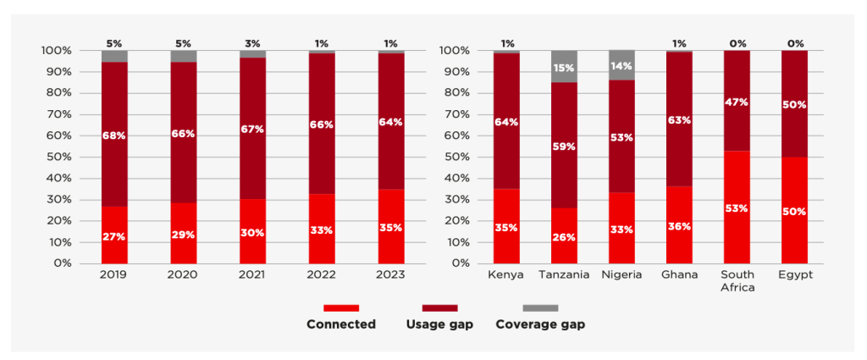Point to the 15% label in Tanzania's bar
pos(563,67)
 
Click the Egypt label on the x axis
pos(794,275)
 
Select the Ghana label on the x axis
pos(679,275)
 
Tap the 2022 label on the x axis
pos(322,275)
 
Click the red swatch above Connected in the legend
pos(341,307)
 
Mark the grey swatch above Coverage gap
pos(540,307)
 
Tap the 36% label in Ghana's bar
pos(679,226)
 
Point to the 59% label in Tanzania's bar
pos(563,147)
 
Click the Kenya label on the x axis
pos(505,275)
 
